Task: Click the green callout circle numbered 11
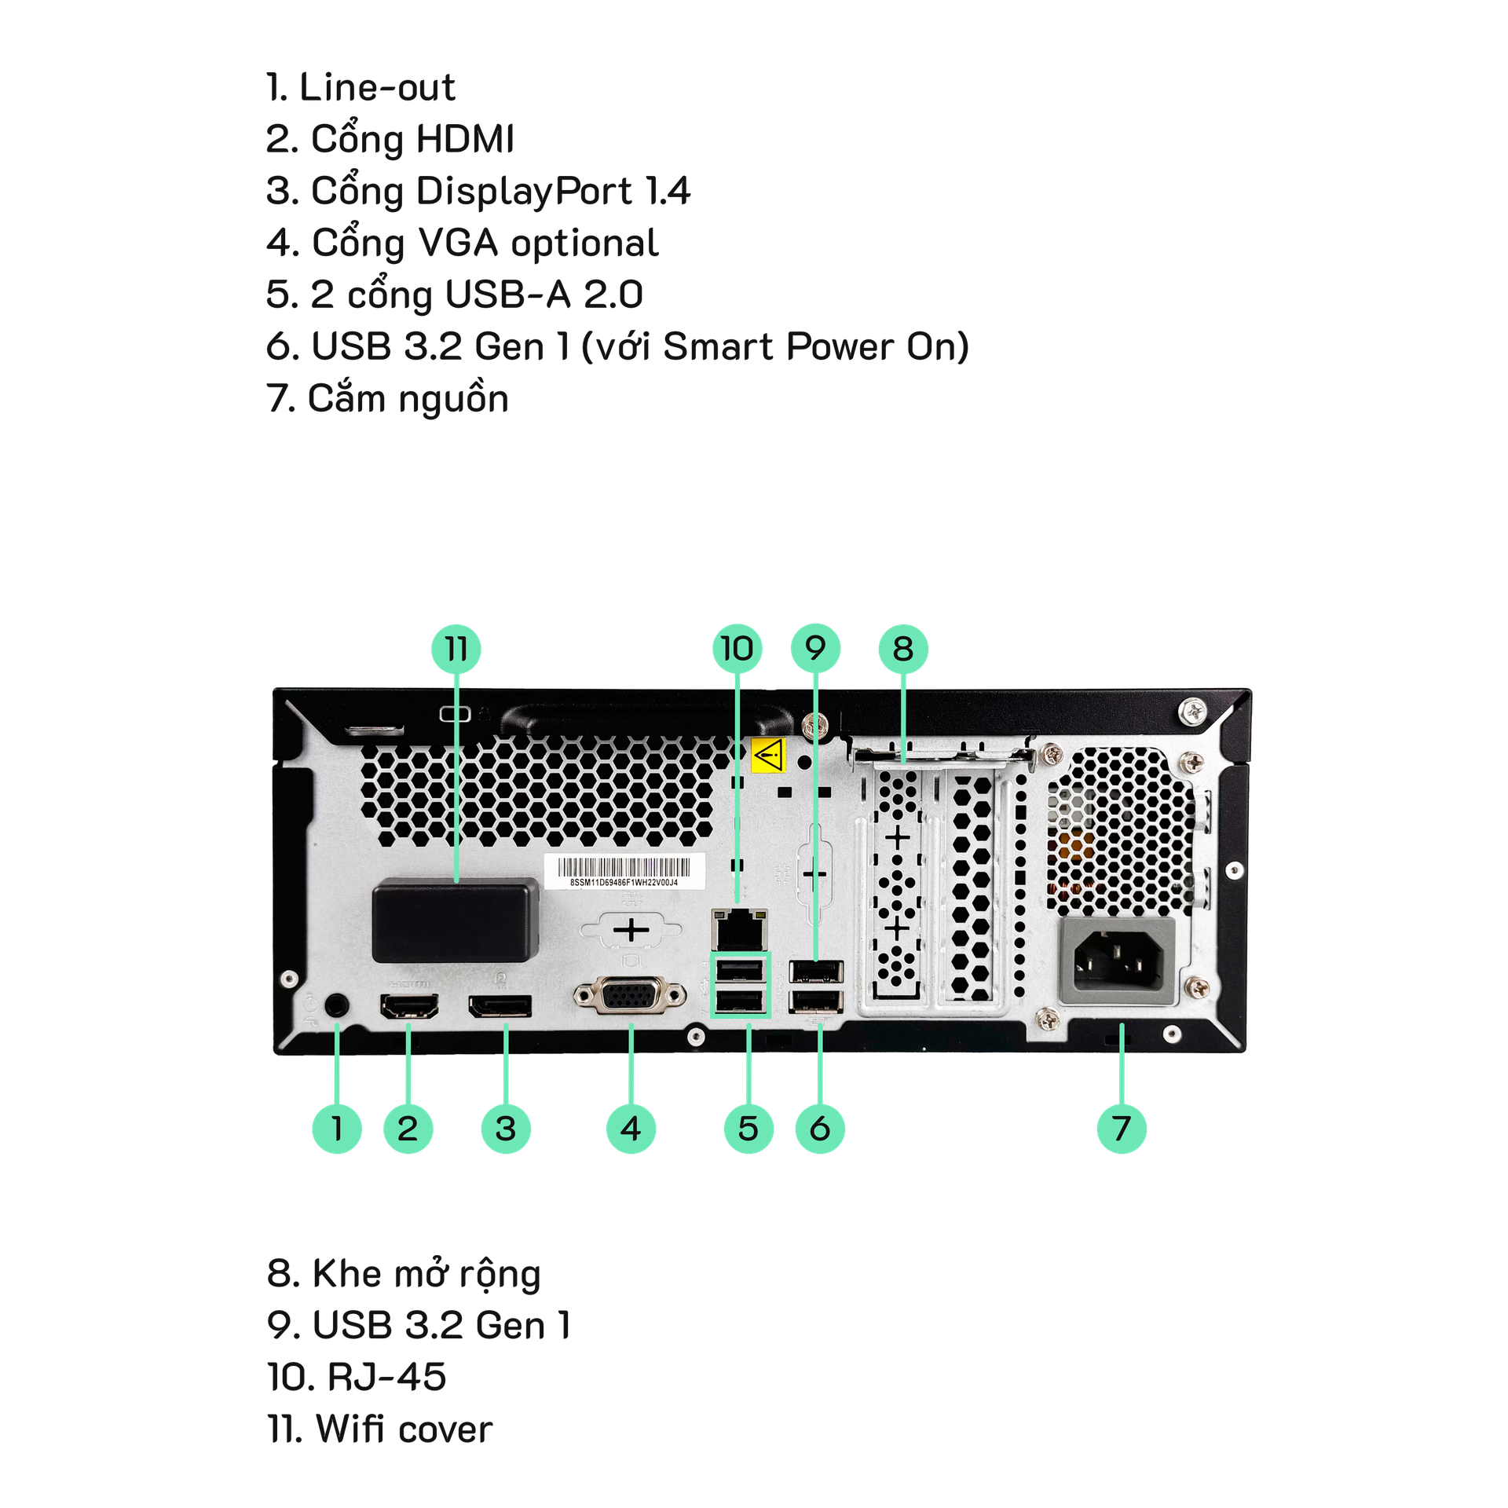tap(456, 649)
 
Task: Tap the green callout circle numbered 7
tap(1121, 1129)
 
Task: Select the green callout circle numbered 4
tap(631, 1129)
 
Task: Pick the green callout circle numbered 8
tap(903, 649)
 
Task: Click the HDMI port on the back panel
tap(409, 1006)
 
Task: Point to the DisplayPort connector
tap(500, 1007)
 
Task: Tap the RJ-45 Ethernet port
tap(738, 928)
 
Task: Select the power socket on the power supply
tap(1117, 963)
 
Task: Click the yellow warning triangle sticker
tap(768, 755)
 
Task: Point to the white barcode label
tap(624, 872)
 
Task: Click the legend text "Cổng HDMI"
tap(412, 140)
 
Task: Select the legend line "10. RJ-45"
tap(357, 1377)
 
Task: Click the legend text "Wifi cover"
tap(404, 1429)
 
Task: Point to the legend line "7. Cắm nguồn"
tap(388, 399)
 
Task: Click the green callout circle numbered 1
tap(337, 1129)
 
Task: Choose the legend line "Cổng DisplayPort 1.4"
tap(500, 192)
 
